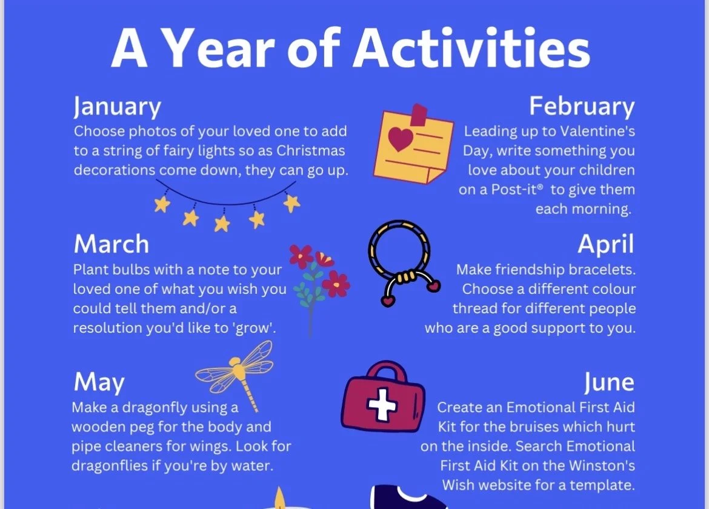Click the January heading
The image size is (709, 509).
117,107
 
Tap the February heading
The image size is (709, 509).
582,107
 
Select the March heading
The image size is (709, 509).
112,244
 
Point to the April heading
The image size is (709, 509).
606,245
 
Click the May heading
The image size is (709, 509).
99,382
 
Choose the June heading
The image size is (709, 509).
609,382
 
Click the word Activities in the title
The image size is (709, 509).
471,48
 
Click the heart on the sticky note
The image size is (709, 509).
400,138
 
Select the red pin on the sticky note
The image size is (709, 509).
419,115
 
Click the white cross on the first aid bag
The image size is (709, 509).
382,404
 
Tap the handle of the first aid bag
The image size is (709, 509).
385,371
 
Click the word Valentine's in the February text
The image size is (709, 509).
597,131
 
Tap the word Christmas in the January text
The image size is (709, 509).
311,150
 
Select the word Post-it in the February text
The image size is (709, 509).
516,190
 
